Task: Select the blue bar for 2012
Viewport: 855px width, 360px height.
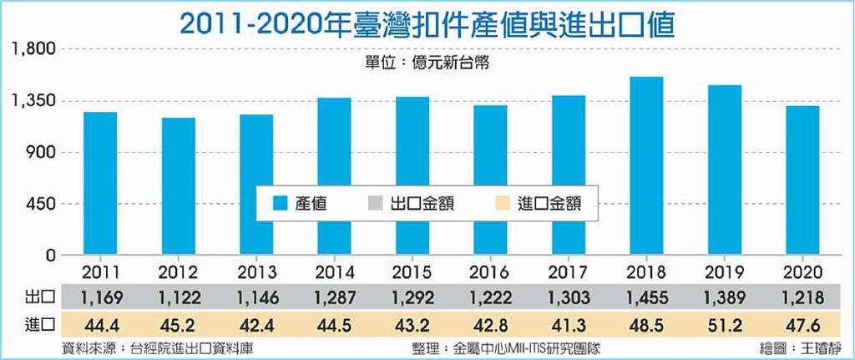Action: click(x=179, y=186)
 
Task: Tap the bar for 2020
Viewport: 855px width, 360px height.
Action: click(x=802, y=180)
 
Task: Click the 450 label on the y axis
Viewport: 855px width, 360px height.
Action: click(x=42, y=205)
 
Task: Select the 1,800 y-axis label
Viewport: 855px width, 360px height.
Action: click(x=33, y=49)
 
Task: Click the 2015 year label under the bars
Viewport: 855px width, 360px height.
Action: click(x=412, y=272)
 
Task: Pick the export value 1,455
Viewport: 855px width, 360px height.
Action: click(x=647, y=297)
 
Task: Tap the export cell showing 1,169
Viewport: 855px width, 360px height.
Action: click(x=100, y=297)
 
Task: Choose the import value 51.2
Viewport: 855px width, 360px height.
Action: click(x=725, y=325)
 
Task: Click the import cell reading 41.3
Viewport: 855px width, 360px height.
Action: click(x=569, y=325)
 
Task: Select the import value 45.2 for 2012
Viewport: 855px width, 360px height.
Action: click(x=179, y=325)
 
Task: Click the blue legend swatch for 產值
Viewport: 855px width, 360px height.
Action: click(x=280, y=204)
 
